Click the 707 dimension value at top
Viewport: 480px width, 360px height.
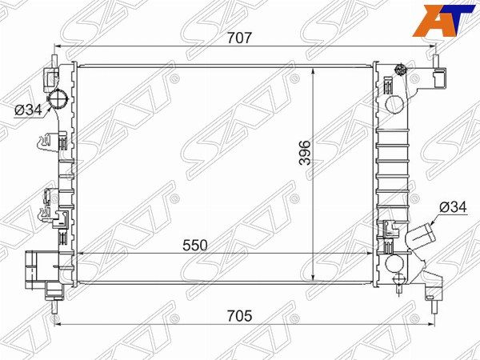click(x=239, y=38)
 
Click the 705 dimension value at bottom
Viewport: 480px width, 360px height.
click(x=239, y=316)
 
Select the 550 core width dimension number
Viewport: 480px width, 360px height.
click(x=194, y=246)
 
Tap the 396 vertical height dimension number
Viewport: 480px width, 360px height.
click(x=305, y=153)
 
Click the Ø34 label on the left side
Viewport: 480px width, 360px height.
click(x=28, y=110)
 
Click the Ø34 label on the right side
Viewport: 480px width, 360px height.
click(x=453, y=207)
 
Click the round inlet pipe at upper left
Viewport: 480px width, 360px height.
click(x=57, y=99)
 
